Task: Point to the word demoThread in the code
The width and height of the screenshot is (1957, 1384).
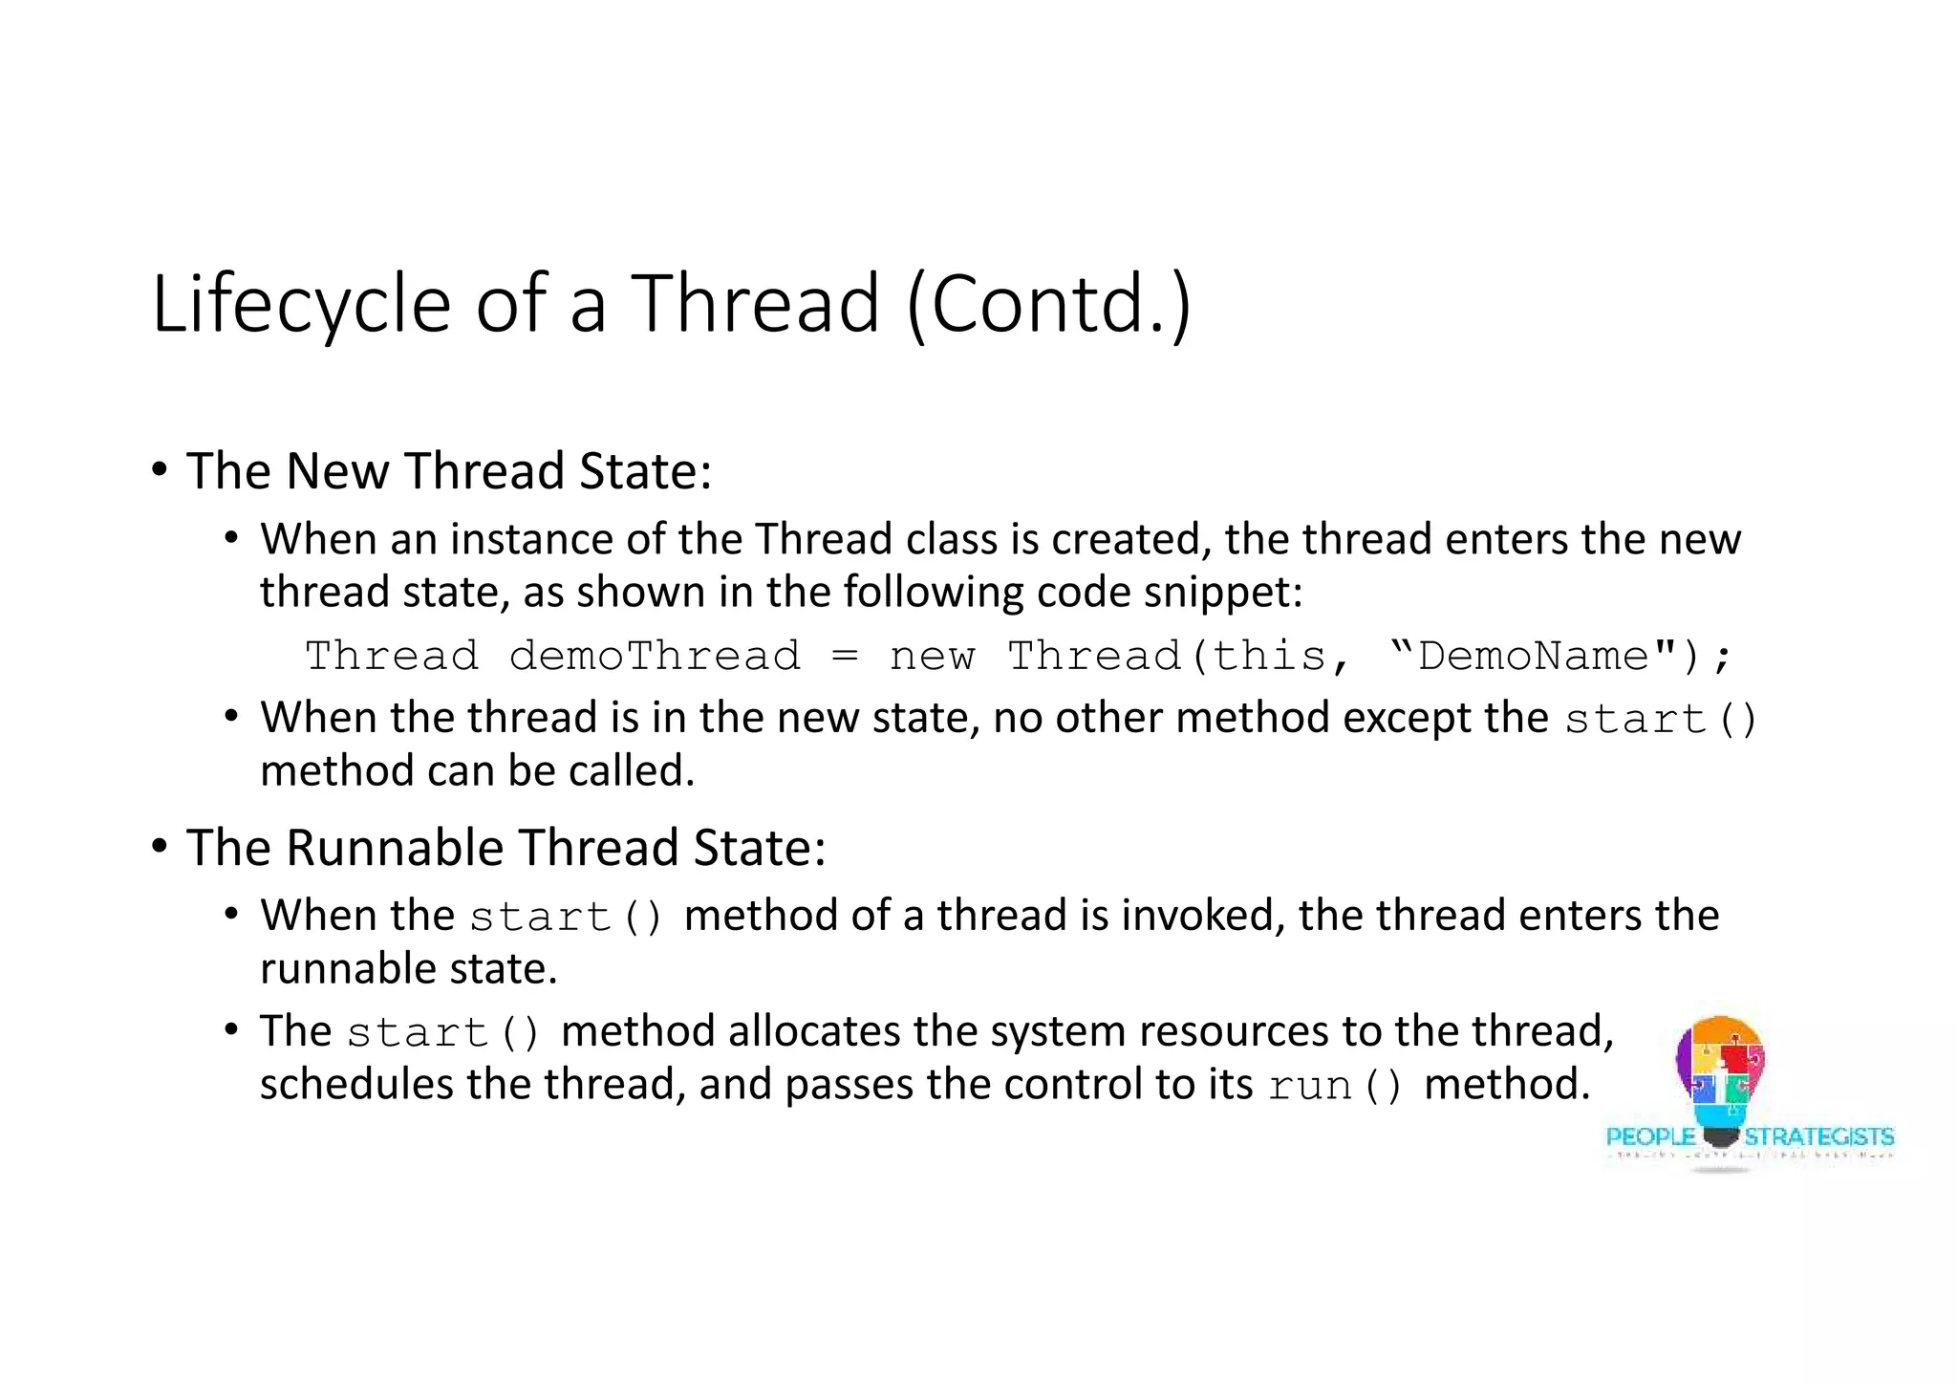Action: [655, 656]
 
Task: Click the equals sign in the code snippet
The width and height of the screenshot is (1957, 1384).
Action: [845, 657]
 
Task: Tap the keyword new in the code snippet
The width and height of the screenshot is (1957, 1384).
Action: [932, 657]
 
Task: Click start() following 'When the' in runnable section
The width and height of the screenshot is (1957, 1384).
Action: [566, 917]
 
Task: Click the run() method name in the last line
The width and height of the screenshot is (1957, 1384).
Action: [1335, 1085]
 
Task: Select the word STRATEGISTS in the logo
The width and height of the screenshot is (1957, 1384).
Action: [1818, 1136]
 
